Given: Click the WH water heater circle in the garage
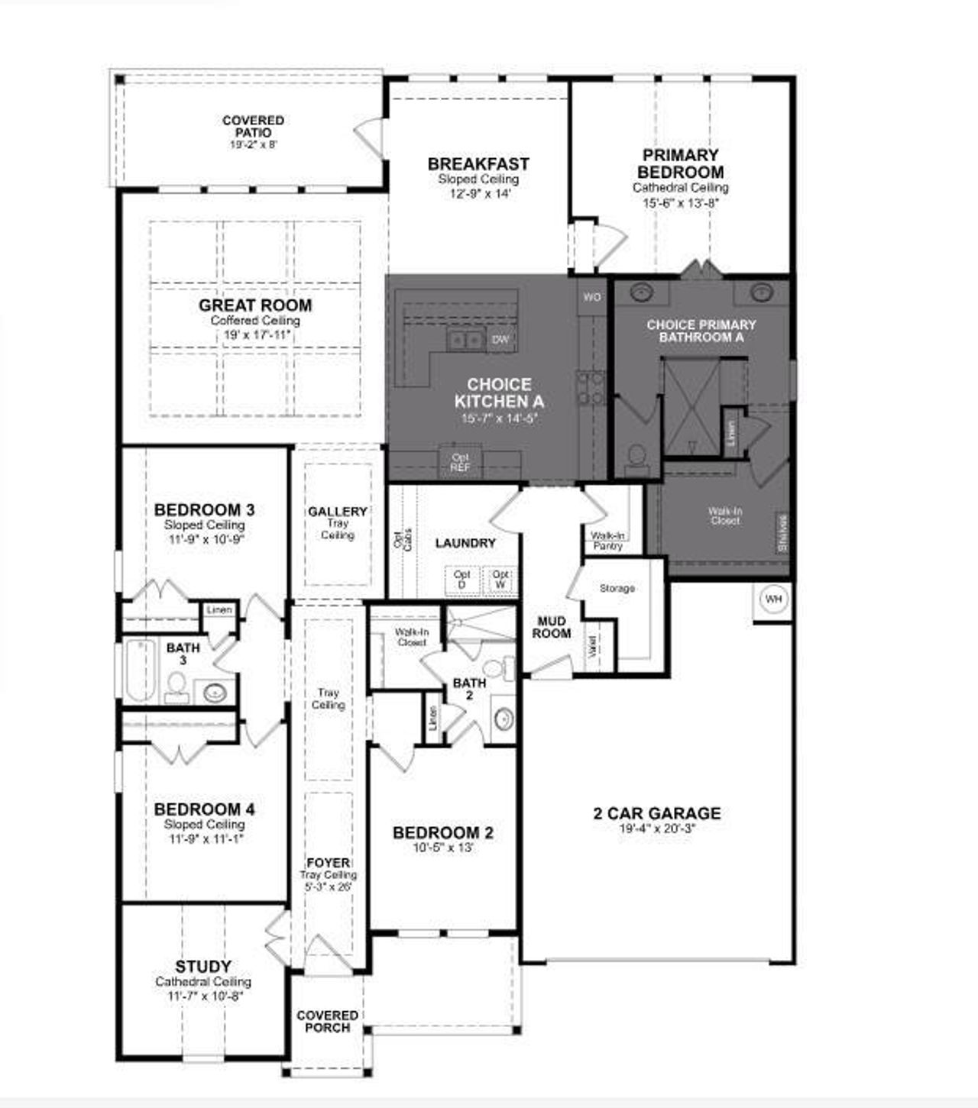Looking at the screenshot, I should point(773,599).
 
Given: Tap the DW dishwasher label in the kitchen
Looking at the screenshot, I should point(500,340).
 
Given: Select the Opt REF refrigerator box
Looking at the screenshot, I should point(460,463).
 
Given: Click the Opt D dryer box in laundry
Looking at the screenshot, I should point(461,579).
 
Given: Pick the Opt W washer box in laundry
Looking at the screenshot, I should point(500,579).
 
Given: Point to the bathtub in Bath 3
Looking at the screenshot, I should point(140,670).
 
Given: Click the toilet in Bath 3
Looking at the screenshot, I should point(177,686).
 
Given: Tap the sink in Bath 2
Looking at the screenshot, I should point(504,718).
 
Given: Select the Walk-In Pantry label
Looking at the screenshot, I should point(607,541).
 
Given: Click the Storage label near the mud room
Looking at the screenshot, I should point(617,589).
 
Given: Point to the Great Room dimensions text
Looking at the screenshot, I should point(256,334).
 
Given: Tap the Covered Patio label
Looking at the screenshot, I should point(253,127).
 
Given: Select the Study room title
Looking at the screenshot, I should point(203,967).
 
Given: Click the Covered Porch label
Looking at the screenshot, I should point(327,1022).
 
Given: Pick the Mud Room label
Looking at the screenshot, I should point(552,628).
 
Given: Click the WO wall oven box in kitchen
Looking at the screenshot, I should point(592,297).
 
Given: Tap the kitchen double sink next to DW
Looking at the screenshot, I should point(465,340).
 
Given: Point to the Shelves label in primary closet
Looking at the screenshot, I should point(782,532).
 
